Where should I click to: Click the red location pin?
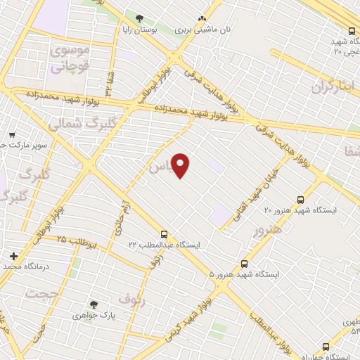tap(181, 165)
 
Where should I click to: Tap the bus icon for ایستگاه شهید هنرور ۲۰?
tap(301, 199)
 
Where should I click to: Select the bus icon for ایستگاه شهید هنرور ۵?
tap(244, 264)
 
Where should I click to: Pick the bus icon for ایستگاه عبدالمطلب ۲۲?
tap(165, 233)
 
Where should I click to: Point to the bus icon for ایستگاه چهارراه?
tap(326, 347)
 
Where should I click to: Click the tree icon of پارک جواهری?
tap(94, 304)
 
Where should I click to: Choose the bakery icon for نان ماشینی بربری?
tap(202, 19)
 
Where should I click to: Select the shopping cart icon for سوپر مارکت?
tap(12, 134)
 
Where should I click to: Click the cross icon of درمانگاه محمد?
tap(13, 255)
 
